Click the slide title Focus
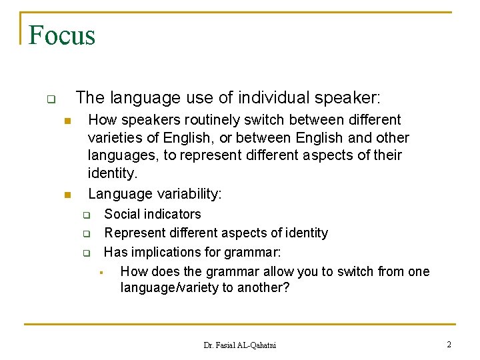62,35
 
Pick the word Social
123,214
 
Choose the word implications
164,252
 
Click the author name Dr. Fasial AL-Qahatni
239,345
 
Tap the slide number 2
449,345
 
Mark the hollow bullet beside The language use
50,100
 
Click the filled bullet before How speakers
67,121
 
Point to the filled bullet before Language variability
67,195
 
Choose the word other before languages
391,138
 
